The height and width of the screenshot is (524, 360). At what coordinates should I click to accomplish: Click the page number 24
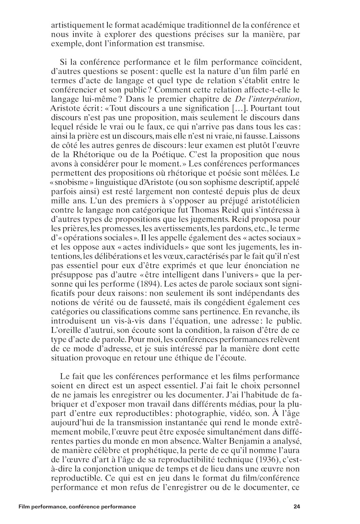pos(297,507)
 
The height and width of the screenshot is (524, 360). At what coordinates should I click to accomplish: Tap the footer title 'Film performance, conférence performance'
pos(77,507)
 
